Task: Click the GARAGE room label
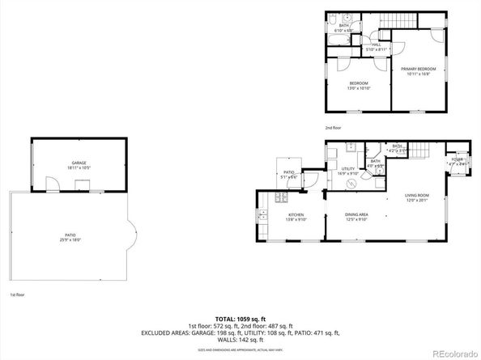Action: click(79, 163)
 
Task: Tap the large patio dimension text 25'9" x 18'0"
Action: click(72, 240)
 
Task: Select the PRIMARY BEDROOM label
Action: click(418, 69)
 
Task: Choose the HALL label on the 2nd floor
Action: click(374, 45)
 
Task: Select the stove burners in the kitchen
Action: click(281, 197)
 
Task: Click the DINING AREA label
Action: click(357, 214)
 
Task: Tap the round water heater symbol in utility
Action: click(352, 183)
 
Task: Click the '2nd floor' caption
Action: click(333, 128)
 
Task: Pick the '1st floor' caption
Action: click(16, 295)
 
